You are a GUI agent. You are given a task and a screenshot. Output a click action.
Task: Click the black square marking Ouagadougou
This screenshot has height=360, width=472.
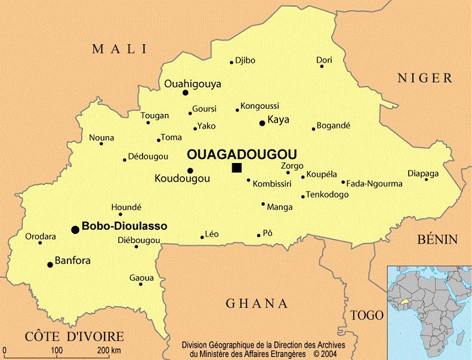point(237,168)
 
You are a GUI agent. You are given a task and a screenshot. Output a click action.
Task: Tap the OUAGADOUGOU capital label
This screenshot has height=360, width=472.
point(242,153)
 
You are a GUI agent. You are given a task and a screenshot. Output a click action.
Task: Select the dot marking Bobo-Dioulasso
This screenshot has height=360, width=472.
point(75,229)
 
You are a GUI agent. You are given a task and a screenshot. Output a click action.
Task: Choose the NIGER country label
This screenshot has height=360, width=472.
point(426,78)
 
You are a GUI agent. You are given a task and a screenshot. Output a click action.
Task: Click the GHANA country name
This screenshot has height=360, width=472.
point(257,303)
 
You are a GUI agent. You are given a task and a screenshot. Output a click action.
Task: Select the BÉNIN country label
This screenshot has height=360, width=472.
point(437,239)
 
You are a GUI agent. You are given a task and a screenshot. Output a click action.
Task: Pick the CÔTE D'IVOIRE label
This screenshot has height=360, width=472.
point(74,336)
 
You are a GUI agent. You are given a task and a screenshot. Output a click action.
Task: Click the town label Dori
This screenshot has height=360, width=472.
point(324,60)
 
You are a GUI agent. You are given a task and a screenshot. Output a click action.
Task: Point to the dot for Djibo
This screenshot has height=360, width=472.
point(232,62)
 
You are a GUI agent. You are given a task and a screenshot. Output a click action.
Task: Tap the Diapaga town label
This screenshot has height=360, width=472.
point(423,173)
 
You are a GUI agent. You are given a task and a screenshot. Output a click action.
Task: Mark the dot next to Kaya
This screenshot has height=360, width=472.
point(261,123)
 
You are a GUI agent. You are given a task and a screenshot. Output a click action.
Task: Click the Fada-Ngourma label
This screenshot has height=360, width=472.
point(374,184)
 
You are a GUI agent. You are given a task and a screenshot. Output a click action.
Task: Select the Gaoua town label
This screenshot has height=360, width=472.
point(141,278)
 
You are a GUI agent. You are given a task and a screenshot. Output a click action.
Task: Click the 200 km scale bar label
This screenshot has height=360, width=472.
point(109,349)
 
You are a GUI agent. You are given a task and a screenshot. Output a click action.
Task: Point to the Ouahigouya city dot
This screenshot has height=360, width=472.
point(185,93)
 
